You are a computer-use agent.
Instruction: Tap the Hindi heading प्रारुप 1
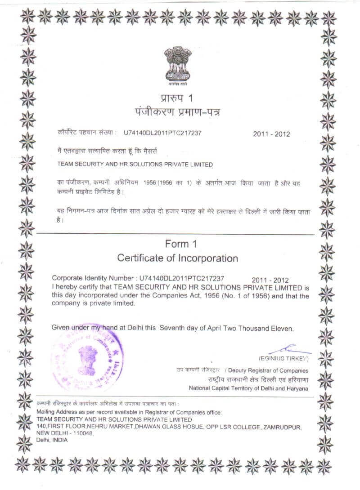pos(179,98)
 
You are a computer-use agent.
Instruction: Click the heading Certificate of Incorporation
pos(177,258)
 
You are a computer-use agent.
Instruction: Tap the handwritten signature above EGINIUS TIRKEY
pos(288,350)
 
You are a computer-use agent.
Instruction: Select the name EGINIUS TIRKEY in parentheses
pos(283,359)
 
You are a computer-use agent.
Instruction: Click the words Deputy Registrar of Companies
pos(268,370)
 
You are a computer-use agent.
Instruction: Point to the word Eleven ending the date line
pos(282,329)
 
